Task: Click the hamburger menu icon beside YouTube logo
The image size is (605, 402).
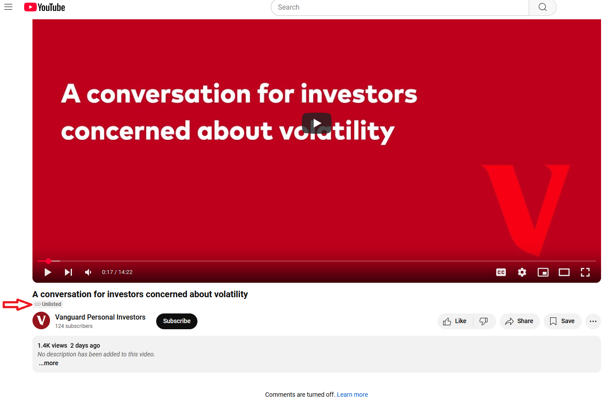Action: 8,7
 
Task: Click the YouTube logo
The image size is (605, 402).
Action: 45,7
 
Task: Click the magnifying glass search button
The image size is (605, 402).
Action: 542,7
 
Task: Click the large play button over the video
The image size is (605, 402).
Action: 317,123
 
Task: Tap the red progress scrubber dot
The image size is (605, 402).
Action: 48,261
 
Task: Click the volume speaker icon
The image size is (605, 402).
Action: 88,272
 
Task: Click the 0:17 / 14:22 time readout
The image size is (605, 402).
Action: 117,272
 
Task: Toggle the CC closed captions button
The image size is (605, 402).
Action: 501,272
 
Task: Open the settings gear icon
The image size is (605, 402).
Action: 522,272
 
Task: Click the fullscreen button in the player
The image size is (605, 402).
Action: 585,272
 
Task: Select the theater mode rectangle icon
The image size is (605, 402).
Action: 564,272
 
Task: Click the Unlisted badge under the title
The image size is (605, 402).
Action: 48,304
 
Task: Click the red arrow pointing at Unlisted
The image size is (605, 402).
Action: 17,305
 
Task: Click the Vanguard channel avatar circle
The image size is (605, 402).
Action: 41,320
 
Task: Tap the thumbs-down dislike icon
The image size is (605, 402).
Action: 483,321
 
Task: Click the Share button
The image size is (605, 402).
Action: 519,321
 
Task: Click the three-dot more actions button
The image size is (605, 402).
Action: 593,321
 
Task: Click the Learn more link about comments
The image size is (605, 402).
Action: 352,395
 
